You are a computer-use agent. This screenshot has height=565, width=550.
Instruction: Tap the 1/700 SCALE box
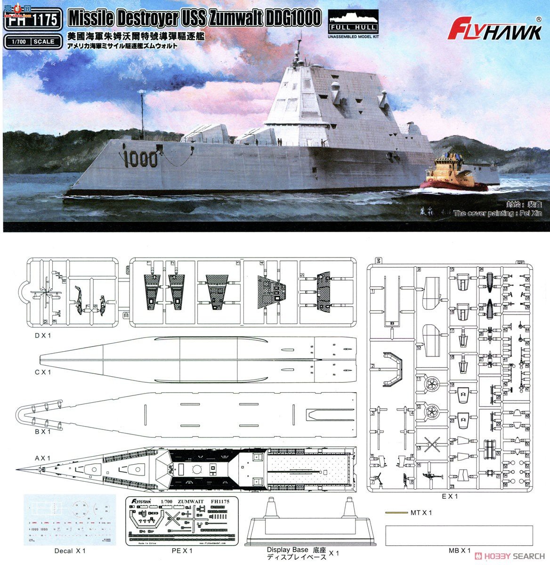click(x=32, y=41)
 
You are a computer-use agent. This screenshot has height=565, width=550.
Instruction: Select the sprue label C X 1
click(x=42, y=372)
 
